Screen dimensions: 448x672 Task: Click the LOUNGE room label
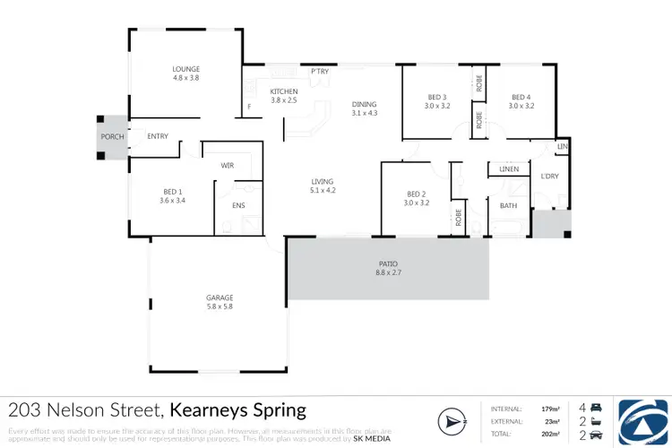pyautogui.click(x=186, y=69)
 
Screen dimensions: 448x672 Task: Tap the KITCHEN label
pyautogui.click(x=283, y=91)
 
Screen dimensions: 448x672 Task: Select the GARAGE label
pyautogui.click(x=220, y=297)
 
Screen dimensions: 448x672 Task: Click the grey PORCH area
pyautogui.click(x=113, y=137)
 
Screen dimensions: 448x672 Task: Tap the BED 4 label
pyautogui.click(x=521, y=97)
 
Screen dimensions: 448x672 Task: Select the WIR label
pyautogui.click(x=228, y=166)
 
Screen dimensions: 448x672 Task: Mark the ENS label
pyautogui.click(x=238, y=206)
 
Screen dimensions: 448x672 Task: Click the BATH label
pyautogui.click(x=508, y=206)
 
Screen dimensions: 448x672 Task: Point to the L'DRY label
pyautogui.click(x=548, y=177)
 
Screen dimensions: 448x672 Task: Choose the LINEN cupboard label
pyautogui.click(x=509, y=168)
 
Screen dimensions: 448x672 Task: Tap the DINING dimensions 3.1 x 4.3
pyautogui.click(x=366, y=113)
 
